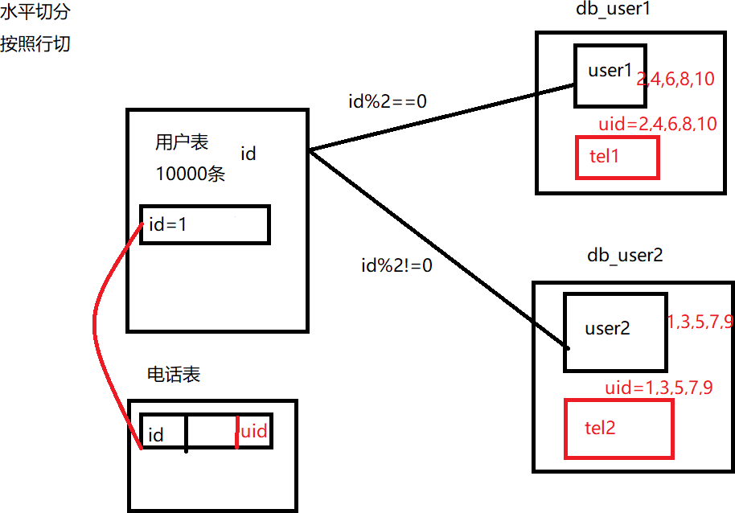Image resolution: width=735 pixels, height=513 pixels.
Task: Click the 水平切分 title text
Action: point(35,12)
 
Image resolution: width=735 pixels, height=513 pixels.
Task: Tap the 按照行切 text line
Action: point(35,44)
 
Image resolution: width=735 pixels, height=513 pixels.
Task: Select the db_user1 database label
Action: point(613,9)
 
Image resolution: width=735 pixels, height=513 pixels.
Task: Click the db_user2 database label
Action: point(625,256)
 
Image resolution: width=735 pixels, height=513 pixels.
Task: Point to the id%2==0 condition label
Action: point(388,101)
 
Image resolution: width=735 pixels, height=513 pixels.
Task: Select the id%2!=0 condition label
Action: point(396,265)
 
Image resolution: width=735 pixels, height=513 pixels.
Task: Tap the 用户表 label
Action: point(182,142)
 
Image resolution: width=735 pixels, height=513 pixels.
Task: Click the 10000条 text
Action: point(191,174)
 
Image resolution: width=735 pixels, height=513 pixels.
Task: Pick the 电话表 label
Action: point(174,375)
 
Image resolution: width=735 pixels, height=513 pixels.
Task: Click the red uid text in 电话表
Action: point(254,431)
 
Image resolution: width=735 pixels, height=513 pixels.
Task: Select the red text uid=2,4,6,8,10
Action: point(658,124)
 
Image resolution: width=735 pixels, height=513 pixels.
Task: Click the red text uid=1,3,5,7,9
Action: point(659,388)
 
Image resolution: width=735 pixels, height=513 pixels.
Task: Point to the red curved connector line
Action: point(95,328)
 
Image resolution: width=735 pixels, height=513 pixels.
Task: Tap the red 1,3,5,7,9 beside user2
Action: point(700,322)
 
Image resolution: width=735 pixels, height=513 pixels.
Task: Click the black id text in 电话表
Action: point(156,435)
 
